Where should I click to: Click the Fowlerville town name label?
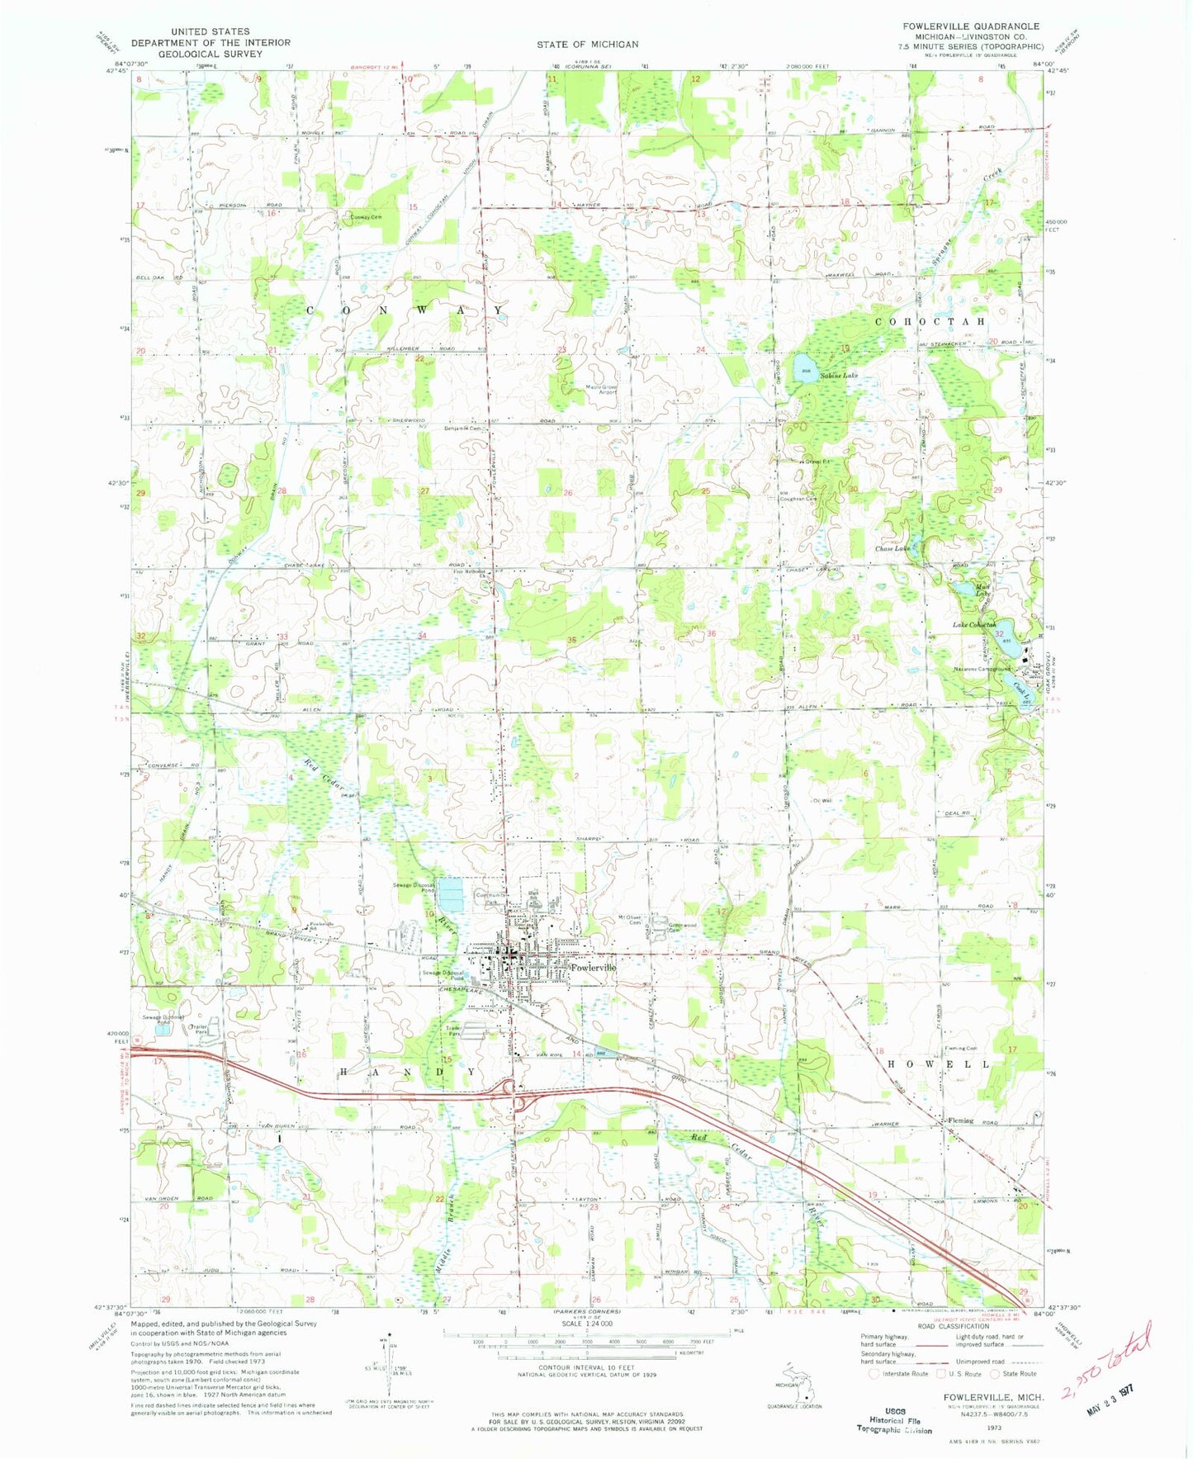(593, 967)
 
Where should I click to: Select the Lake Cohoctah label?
(975, 625)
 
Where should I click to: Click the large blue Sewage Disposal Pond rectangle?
(451, 893)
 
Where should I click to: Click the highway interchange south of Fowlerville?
(516, 1092)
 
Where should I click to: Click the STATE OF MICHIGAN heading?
(587, 44)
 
